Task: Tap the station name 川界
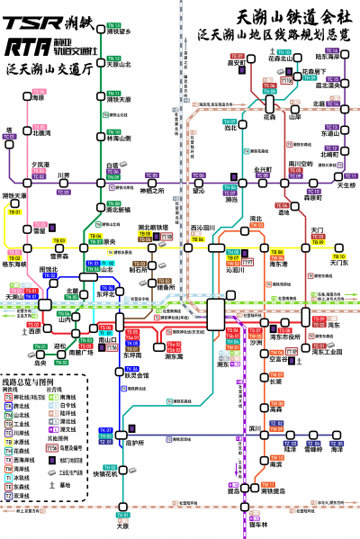(x=64, y=175)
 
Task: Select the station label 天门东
(x=338, y=263)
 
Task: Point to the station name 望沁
(x=199, y=190)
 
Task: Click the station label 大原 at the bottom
(x=123, y=526)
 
